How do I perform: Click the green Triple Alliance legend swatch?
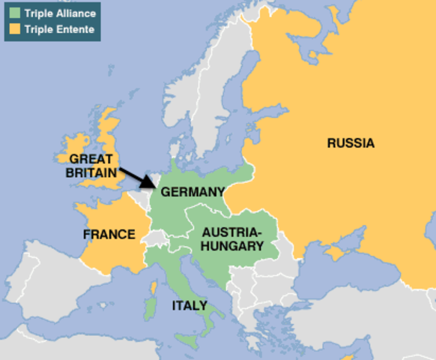click(x=14, y=14)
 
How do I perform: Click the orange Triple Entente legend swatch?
click(x=14, y=29)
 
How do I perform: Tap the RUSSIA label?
click(x=350, y=143)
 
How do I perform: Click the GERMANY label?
click(x=193, y=191)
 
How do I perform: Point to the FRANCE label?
click(x=109, y=235)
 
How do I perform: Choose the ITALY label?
click(x=190, y=305)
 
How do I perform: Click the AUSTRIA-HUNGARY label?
click(x=231, y=238)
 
